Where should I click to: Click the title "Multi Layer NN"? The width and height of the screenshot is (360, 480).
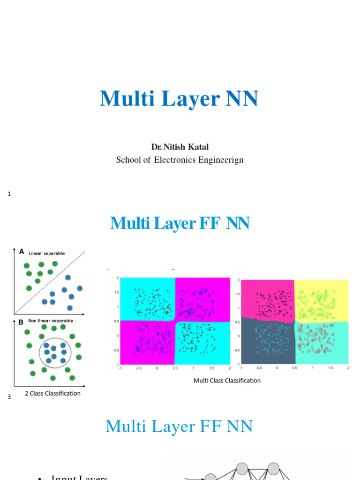[179, 99]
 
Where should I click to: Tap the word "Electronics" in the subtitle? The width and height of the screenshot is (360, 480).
[181, 160]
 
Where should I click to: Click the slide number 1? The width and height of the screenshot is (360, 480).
[9, 194]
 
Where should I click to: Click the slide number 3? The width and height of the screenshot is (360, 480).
[9, 397]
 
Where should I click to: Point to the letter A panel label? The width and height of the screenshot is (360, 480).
[21, 251]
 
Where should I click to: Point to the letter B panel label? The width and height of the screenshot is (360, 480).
[21, 322]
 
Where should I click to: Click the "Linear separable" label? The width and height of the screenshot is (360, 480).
[47, 253]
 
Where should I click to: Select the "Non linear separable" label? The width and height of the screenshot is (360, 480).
[51, 321]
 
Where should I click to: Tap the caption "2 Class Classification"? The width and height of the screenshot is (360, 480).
[52, 393]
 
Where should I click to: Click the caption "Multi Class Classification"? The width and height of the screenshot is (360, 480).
[227, 381]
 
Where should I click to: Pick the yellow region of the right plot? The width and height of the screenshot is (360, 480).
[322, 300]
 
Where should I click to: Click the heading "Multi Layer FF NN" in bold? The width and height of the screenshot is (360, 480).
[180, 224]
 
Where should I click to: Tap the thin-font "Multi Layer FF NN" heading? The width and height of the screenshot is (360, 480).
[179, 427]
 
